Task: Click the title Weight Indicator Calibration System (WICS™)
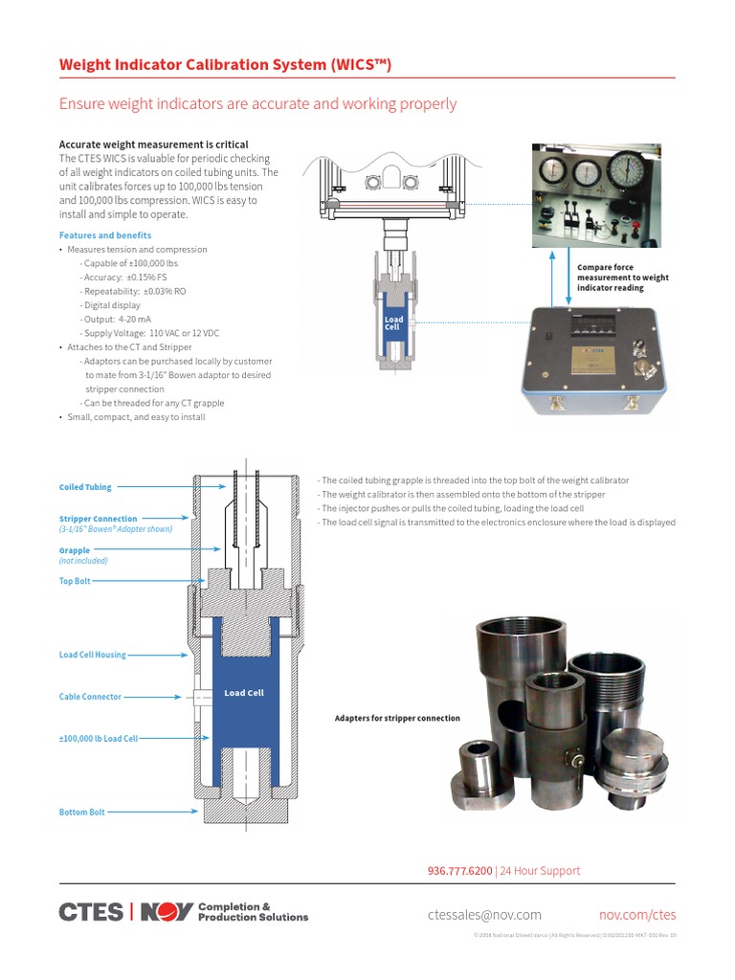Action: click(x=225, y=65)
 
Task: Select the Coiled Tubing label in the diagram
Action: click(x=85, y=487)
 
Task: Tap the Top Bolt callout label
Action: click(x=75, y=581)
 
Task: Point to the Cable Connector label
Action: click(x=90, y=697)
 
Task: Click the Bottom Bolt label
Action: click(x=82, y=813)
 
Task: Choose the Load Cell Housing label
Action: click(x=92, y=656)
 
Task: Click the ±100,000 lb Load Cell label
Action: click(x=99, y=739)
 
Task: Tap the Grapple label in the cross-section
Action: click(x=75, y=550)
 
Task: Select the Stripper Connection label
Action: click(x=98, y=519)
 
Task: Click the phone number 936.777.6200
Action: click(x=459, y=871)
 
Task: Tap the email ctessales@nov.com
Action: click(x=484, y=915)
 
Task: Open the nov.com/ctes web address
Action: click(x=637, y=915)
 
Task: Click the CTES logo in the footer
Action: click(x=91, y=912)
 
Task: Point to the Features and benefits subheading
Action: click(x=105, y=235)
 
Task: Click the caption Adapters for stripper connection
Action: click(x=397, y=718)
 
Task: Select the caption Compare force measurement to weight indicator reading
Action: click(x=622, y=278)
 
